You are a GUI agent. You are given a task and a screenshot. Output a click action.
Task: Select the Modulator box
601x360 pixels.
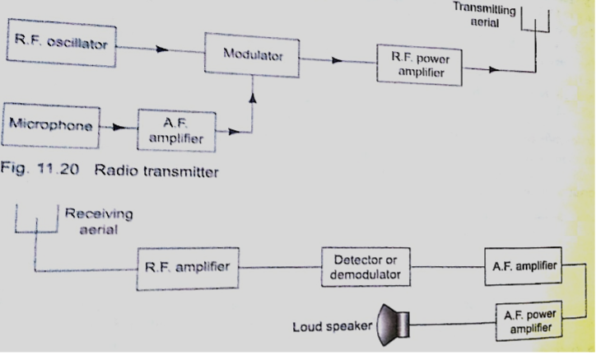[x=253, y=55]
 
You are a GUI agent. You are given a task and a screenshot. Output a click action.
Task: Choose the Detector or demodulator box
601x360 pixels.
[x=365, y=265]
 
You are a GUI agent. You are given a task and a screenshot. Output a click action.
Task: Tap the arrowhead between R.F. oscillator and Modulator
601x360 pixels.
[x=163, y=50]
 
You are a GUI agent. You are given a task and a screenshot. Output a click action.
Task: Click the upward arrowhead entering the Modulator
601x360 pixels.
[x=253, y=99]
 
